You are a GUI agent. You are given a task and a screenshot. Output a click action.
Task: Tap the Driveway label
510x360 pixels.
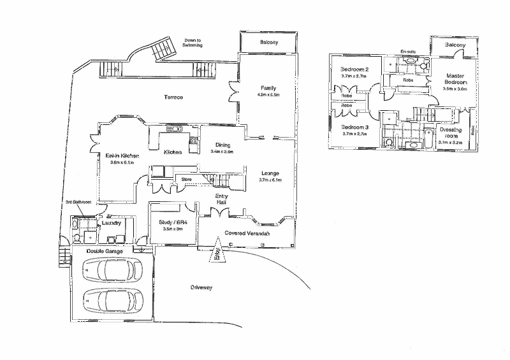(x=201, y=288)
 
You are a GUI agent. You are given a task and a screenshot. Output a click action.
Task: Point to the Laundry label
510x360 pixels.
(x=111, y=224)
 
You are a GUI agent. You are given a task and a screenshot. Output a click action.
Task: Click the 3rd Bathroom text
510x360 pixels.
(x=79, y=202)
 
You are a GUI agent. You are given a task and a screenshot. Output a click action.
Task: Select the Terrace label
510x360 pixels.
(x=172, y=97)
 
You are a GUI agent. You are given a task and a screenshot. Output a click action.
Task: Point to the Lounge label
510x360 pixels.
(x=272, y=173)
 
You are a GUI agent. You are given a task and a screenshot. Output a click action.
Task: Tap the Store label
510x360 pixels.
(x=187, y=180)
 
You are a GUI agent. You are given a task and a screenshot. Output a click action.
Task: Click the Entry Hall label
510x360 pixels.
(x=221, y=198)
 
